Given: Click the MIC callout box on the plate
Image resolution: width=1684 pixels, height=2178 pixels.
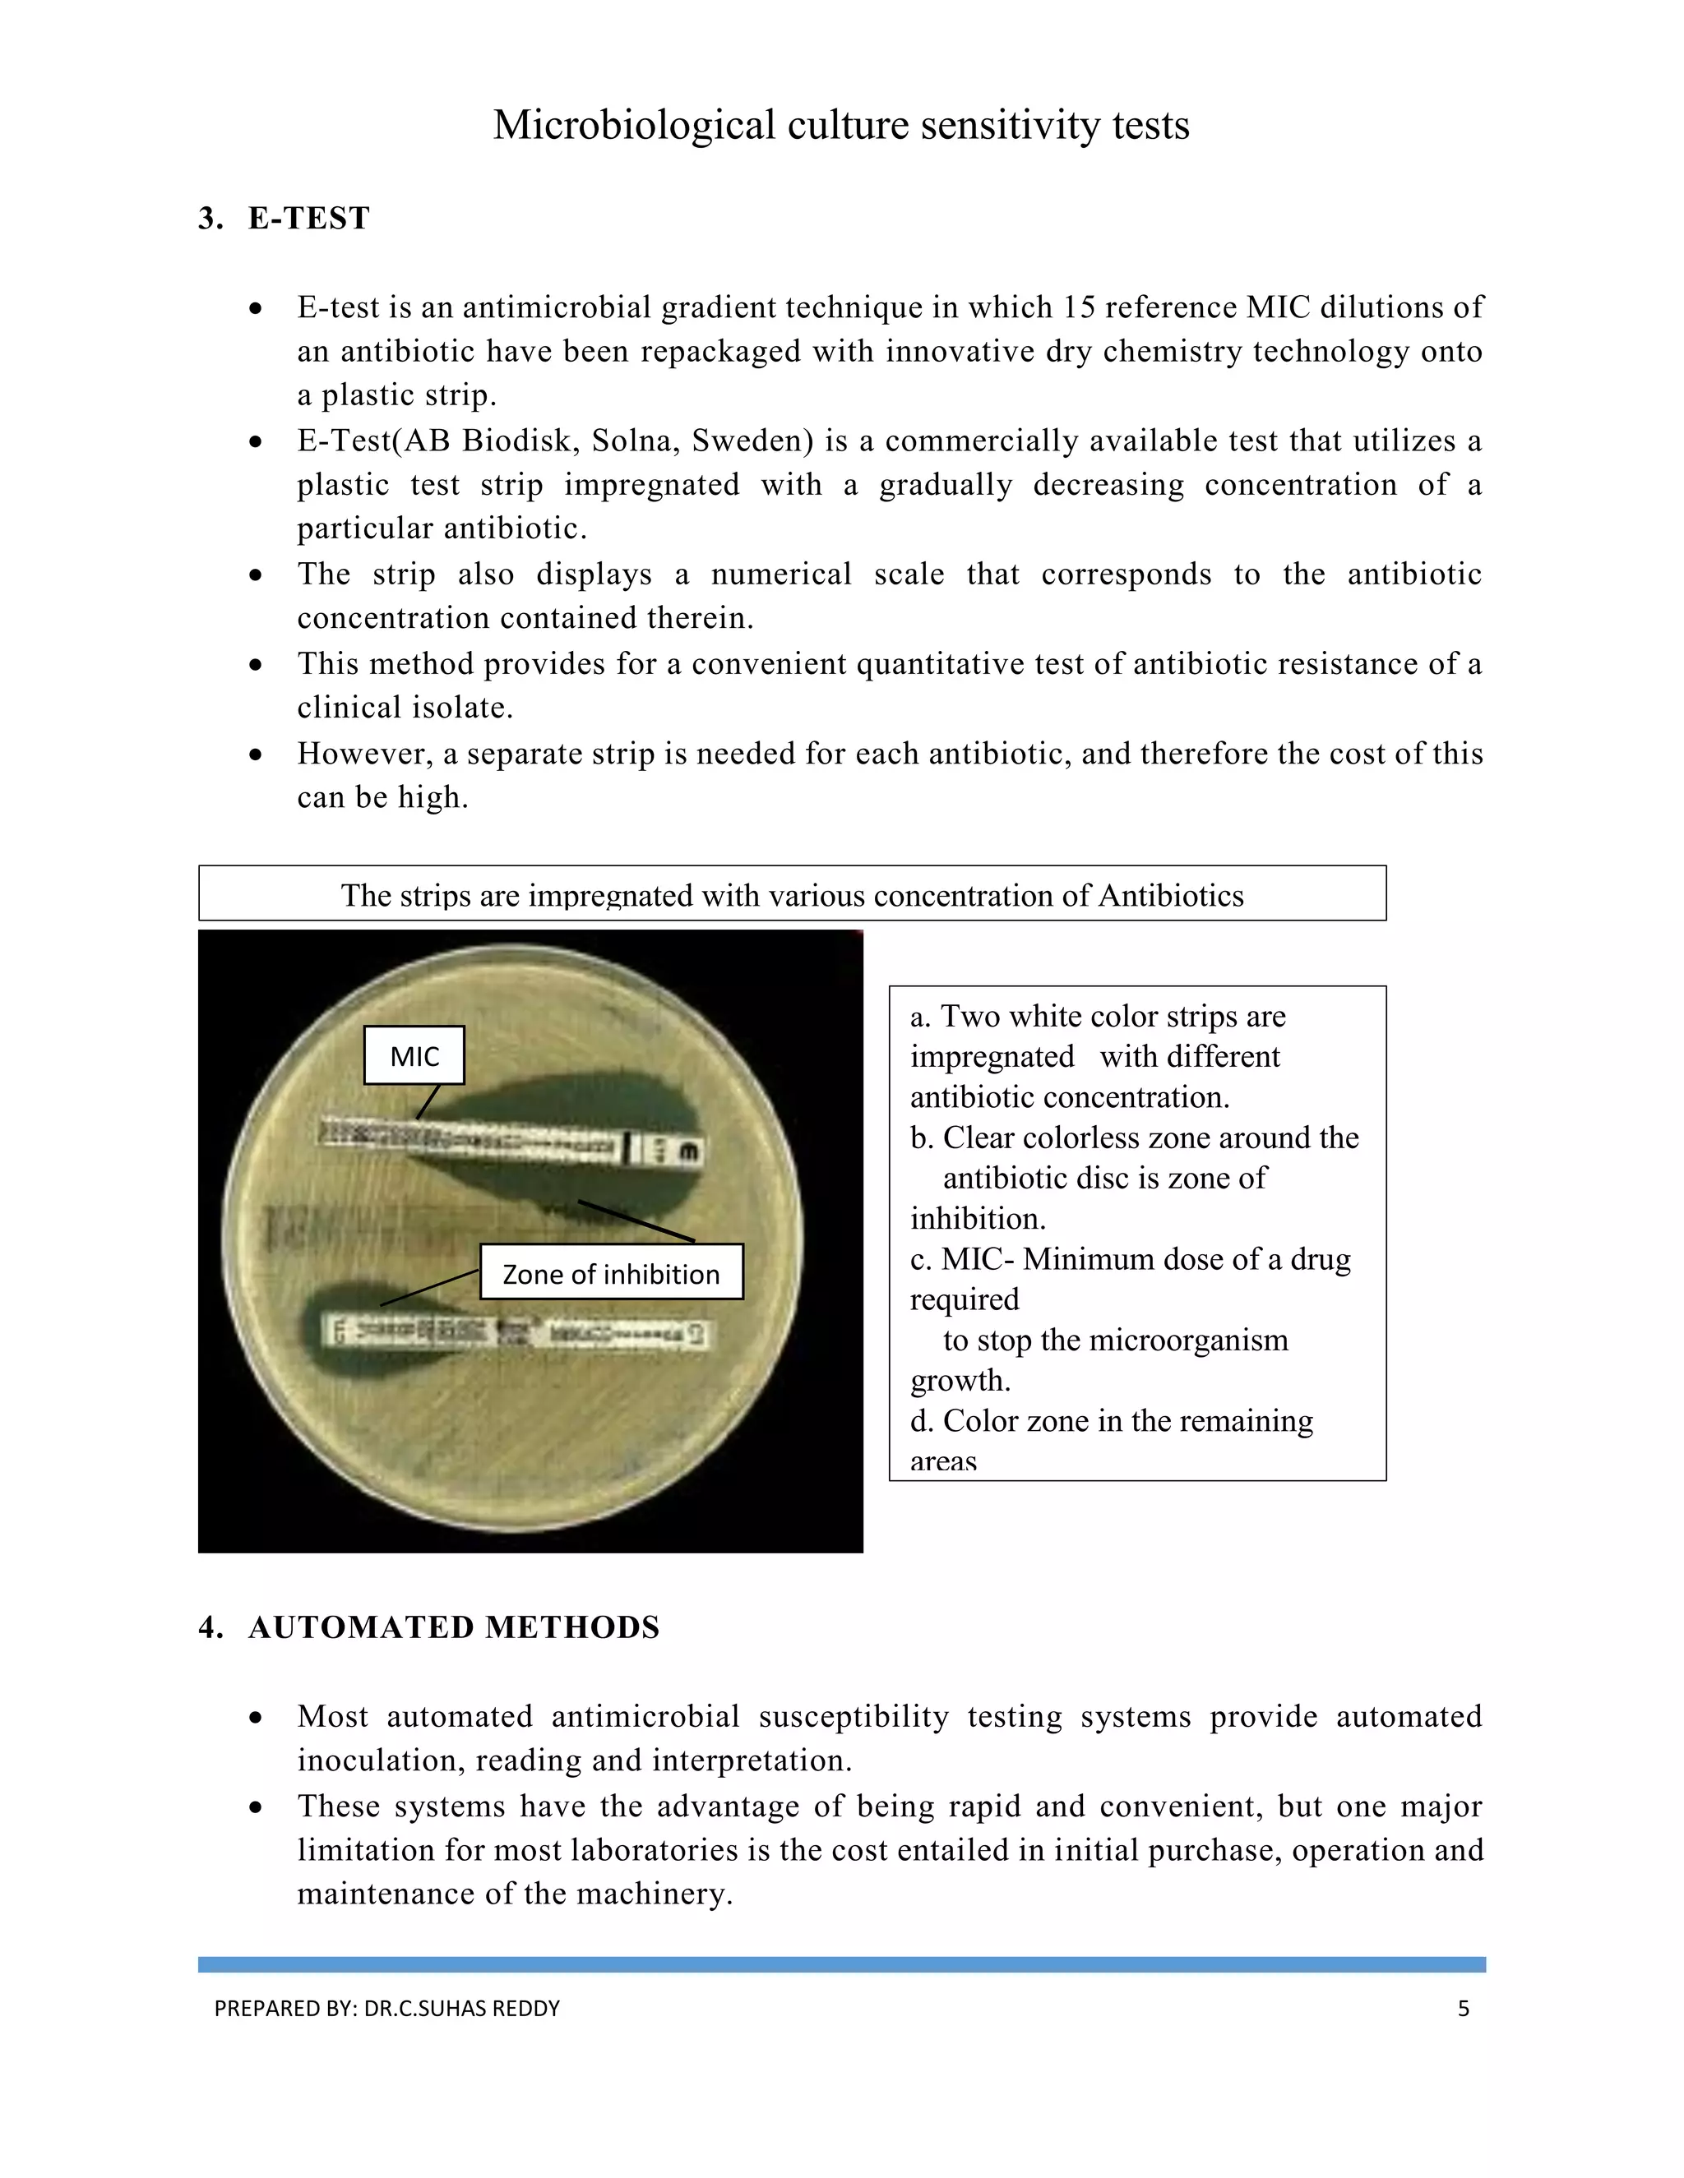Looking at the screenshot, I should (x=414, y=1055).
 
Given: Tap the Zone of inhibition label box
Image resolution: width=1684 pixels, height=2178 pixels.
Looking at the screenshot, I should (x=612, y=1272).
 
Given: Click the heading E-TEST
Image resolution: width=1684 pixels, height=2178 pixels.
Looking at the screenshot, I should (x=308, y=218).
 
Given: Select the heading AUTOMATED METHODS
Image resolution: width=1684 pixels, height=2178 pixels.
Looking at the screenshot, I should (x=454, y=1627).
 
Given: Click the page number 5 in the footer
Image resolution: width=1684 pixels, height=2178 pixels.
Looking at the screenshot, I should (x=1463, y=2008).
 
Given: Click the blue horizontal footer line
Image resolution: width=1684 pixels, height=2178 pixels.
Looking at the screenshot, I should (x=841, y=1963).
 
